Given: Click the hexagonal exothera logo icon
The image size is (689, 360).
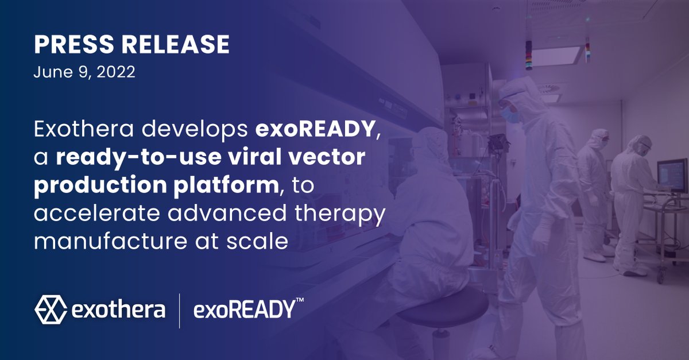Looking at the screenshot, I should tap(51, 310).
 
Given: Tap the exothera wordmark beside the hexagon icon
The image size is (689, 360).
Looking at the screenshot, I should tap(119, 310).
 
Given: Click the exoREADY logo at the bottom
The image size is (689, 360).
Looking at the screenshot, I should tap(243, 311).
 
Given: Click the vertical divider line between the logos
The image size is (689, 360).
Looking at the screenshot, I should tap(180, 311).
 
